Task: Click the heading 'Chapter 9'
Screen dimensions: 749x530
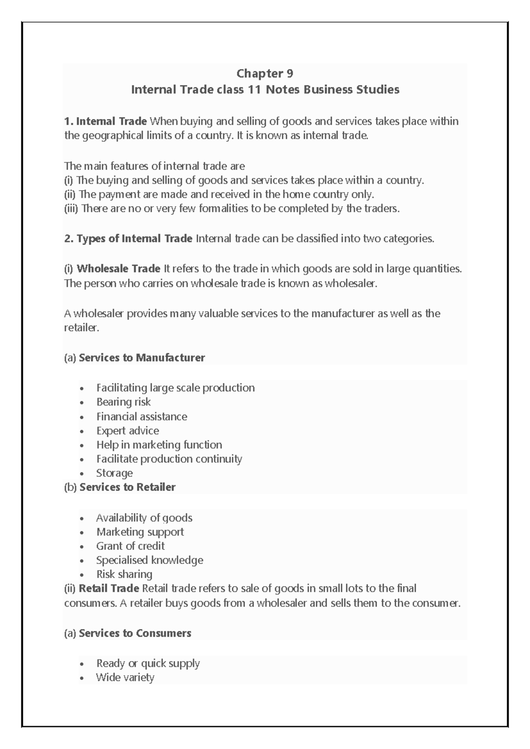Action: pos(265,73)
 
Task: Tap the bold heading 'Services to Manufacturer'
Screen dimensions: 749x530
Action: pos(142,358)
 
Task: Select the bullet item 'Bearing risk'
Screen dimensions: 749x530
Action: pos(123,402)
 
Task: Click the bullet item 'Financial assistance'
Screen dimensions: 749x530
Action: pos(141,416)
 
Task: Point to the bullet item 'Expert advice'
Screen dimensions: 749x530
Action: pos(128,431)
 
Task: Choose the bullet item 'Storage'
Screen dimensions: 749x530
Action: pos(114,473)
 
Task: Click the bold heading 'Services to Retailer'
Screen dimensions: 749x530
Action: pos(127,487)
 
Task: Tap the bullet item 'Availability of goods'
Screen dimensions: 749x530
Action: pos(144,518)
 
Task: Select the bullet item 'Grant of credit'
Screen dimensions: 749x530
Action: pos(130,546)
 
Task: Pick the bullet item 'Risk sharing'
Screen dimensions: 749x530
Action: pos(124,574)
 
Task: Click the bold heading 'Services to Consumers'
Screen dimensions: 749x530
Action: pos(135,633)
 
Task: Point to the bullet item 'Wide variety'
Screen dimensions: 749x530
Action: pos(125,677)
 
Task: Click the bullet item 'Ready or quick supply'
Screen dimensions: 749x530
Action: pos(148,663)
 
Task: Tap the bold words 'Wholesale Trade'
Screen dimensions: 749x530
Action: pos(118,269)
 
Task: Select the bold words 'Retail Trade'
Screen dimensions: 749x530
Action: pos(109,588)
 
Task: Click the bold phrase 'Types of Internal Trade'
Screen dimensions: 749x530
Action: pos(134,239)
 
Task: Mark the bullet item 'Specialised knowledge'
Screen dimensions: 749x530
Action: pos(150,560)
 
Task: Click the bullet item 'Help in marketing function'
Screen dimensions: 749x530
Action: pos(159,445)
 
